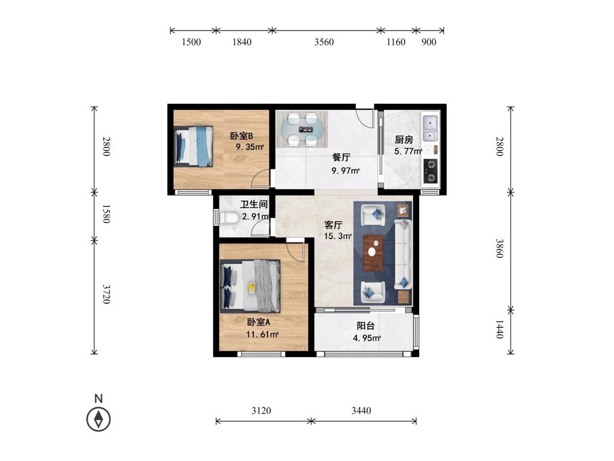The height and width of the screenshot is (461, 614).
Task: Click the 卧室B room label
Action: [241, 136]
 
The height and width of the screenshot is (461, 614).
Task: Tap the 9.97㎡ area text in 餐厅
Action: [345, 170]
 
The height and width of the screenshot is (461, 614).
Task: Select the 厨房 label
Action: [404, 139]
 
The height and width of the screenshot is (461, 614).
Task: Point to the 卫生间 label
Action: [254, 204]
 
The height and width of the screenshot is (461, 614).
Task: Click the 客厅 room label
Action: [333, 225]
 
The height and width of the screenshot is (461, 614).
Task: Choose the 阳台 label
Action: [366, 326]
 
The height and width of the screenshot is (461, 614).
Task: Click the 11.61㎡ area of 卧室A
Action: [263, 334]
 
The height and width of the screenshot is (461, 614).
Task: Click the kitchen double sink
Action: [431, 127]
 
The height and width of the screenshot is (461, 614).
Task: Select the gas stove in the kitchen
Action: [431, 171]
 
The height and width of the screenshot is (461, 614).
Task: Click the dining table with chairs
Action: [302, 129]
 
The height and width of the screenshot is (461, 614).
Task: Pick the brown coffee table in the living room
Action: [373, 253]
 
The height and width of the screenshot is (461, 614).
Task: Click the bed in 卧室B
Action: [193, 146]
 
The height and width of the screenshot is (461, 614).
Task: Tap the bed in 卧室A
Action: [250, 286]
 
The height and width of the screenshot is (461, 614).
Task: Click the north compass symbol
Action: [98, 419]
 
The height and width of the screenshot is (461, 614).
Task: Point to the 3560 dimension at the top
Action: [324, 42]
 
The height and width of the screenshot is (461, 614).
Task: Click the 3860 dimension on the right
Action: [499, 248]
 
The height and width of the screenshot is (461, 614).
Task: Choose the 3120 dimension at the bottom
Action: [261, 410]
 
